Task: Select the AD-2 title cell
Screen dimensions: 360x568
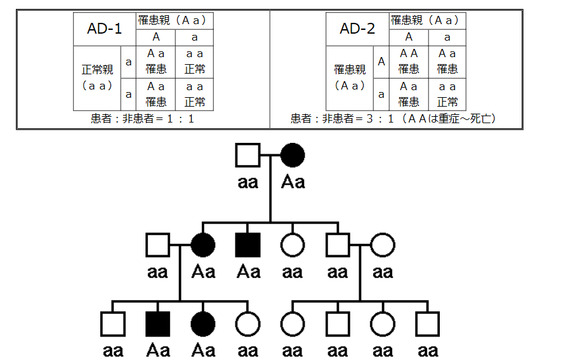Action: [x=358, y=29]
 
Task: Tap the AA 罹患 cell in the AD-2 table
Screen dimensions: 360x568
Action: [x=409, y=62]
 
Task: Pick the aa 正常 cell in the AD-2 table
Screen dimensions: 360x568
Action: [x=447, y=94]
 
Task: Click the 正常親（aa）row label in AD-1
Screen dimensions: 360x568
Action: [x=97, y=77]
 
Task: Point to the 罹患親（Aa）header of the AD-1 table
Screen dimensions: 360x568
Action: [x=175, y=21]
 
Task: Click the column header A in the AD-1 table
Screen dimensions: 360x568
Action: [x=155, y=37]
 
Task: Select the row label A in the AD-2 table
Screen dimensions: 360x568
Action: [x=381, y=62]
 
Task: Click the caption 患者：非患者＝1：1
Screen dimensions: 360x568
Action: [x=143, y=119]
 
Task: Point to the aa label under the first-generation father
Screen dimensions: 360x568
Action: [x=248, y=182]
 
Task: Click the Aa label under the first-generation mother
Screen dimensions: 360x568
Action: [x=293, y=182]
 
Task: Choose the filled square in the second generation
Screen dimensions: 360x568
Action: [x=248, y=245]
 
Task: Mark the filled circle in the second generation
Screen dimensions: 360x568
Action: [x=203, y=245]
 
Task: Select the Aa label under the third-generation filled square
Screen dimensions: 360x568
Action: [x=157, y=350]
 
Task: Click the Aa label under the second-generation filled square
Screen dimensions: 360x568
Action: [x=248, y=272]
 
